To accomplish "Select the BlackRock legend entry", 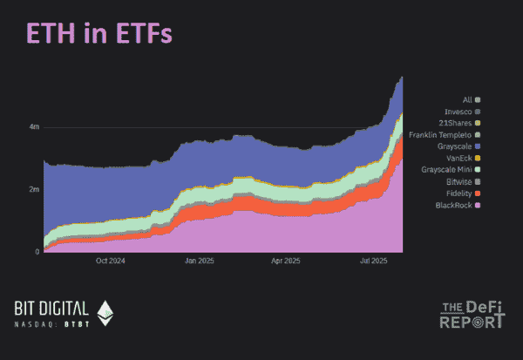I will pyautogui.click(x=458, y=205).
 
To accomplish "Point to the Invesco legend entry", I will pyautogui.click(x=461, y=112).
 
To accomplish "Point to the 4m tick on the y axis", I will pyautogui.click(x=34, y=127).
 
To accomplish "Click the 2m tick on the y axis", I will pyautogui.click(x=34, y=189).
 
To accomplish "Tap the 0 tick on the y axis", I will pyautogui.click(x=37, y=252).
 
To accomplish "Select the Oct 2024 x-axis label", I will pyautogui.click(x=112, y=261).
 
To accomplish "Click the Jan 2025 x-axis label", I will pyautogui.click(x=200, y=261).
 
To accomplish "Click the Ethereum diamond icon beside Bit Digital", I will pyautogui.click(x=105, y=312).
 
